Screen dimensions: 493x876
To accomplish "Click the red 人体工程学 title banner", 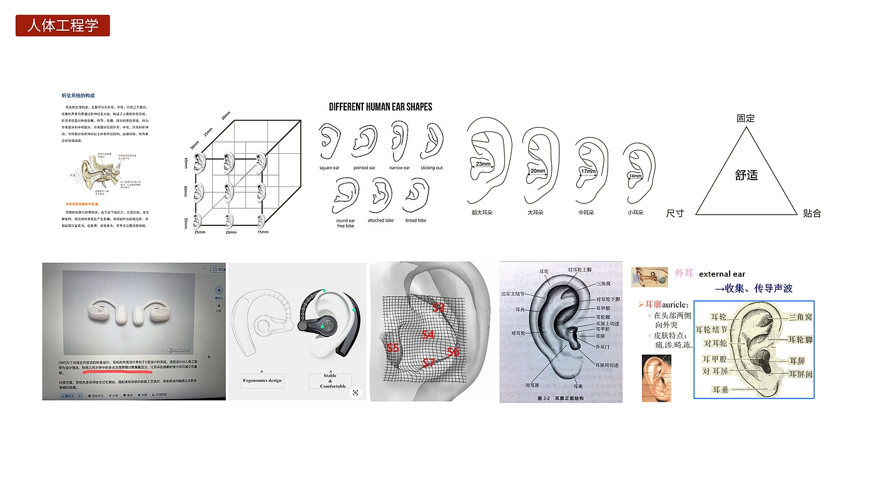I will pyautogui.click(x=63, y=26).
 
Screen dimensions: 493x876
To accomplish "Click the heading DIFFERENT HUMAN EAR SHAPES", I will pyautogui.click(x=380, y=107).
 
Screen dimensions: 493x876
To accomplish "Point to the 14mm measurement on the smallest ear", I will pyautogui.click(x=635, y=176).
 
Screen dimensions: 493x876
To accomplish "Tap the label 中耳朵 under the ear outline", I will pyautogui.click(x=586, y=213).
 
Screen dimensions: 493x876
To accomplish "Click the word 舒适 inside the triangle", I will pyautogui.click(x=746, y=175).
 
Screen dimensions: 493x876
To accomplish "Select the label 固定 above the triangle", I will pyautogui.click(x=745, y=118).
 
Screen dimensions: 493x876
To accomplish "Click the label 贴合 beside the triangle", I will pyautogui.click(x=812, y=213).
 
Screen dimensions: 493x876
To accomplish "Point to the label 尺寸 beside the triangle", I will pyautogui.click(x=675, y=213).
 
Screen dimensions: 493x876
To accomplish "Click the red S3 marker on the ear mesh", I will pyautogui.click(x=439, y=308).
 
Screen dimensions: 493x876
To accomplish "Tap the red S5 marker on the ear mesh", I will pyautogui.click(x=393, y=348).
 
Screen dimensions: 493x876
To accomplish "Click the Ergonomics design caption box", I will pyautogui.click(x=262, y=380).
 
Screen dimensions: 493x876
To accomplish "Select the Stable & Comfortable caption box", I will pyautogui.click(x=330, y=380).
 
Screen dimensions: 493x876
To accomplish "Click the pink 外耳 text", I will pyautogui.click(x=685, y=273).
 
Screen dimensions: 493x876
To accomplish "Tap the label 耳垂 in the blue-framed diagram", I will pyautogui.click(x=720, y=390).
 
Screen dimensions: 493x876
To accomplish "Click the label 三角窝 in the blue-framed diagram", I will pyautogui.click(x=800, y=318).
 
